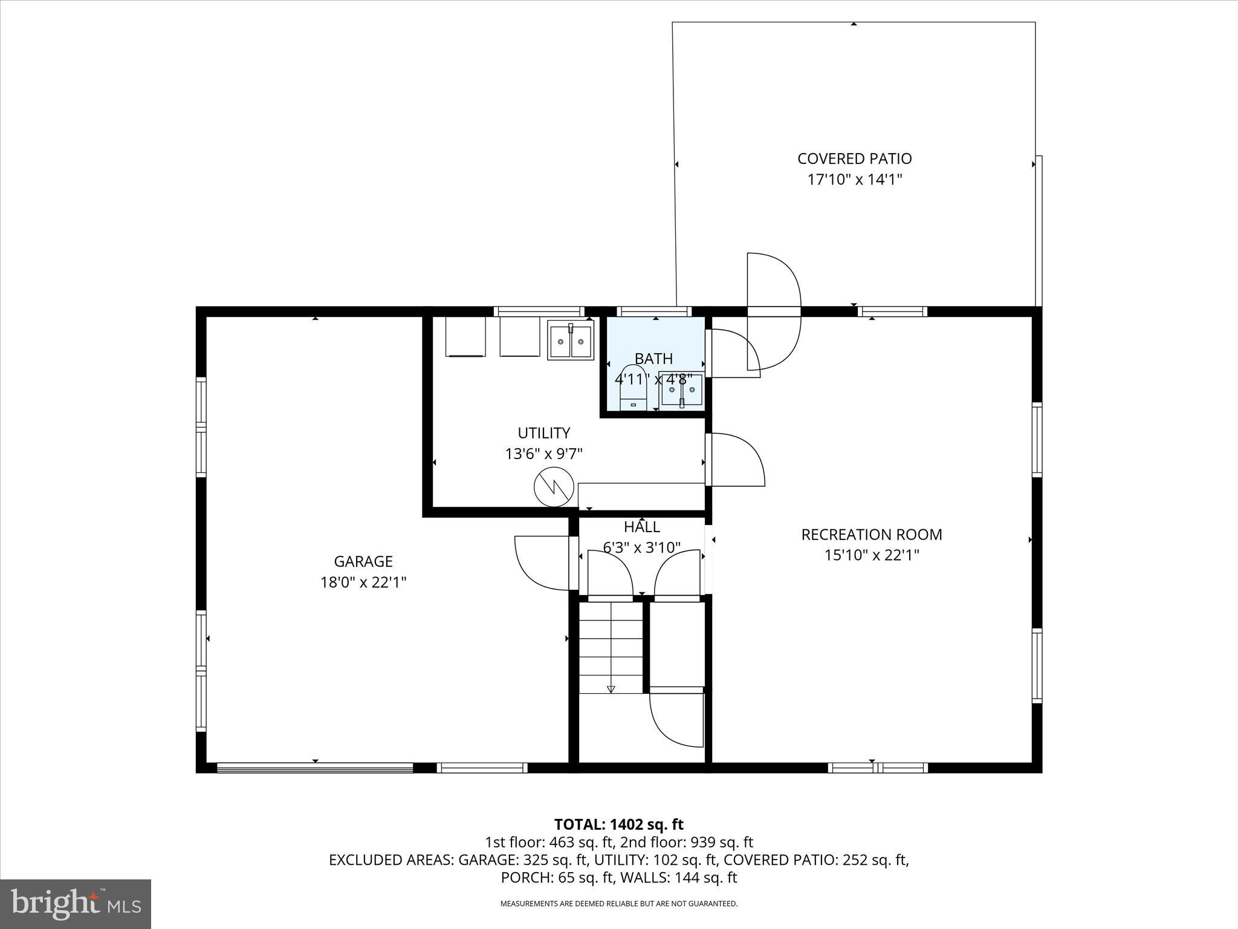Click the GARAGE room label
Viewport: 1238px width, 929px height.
click(363, 561)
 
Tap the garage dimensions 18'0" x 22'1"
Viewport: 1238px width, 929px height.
click(363, 582)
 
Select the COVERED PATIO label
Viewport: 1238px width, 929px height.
click(854, 158)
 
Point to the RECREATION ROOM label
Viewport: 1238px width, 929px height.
click(871, 535)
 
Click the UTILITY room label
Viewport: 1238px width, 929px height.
click(543, 433)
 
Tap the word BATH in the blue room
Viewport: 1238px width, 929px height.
click(653, 359)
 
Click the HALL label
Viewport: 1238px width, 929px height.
click(641, 527)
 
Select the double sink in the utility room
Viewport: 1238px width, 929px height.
click(570, 341)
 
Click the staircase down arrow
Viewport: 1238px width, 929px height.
click(611, 688)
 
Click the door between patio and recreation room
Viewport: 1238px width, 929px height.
click(774, 311)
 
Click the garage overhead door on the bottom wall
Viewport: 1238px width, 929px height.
click(315, 768)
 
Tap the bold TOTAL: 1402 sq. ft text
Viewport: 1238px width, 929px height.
click(618, 824)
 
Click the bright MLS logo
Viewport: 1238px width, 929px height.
click(76, 904)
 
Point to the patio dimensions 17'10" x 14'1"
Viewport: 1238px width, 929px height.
click(854, 180)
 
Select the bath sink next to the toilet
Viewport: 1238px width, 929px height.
click(681, 390)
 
